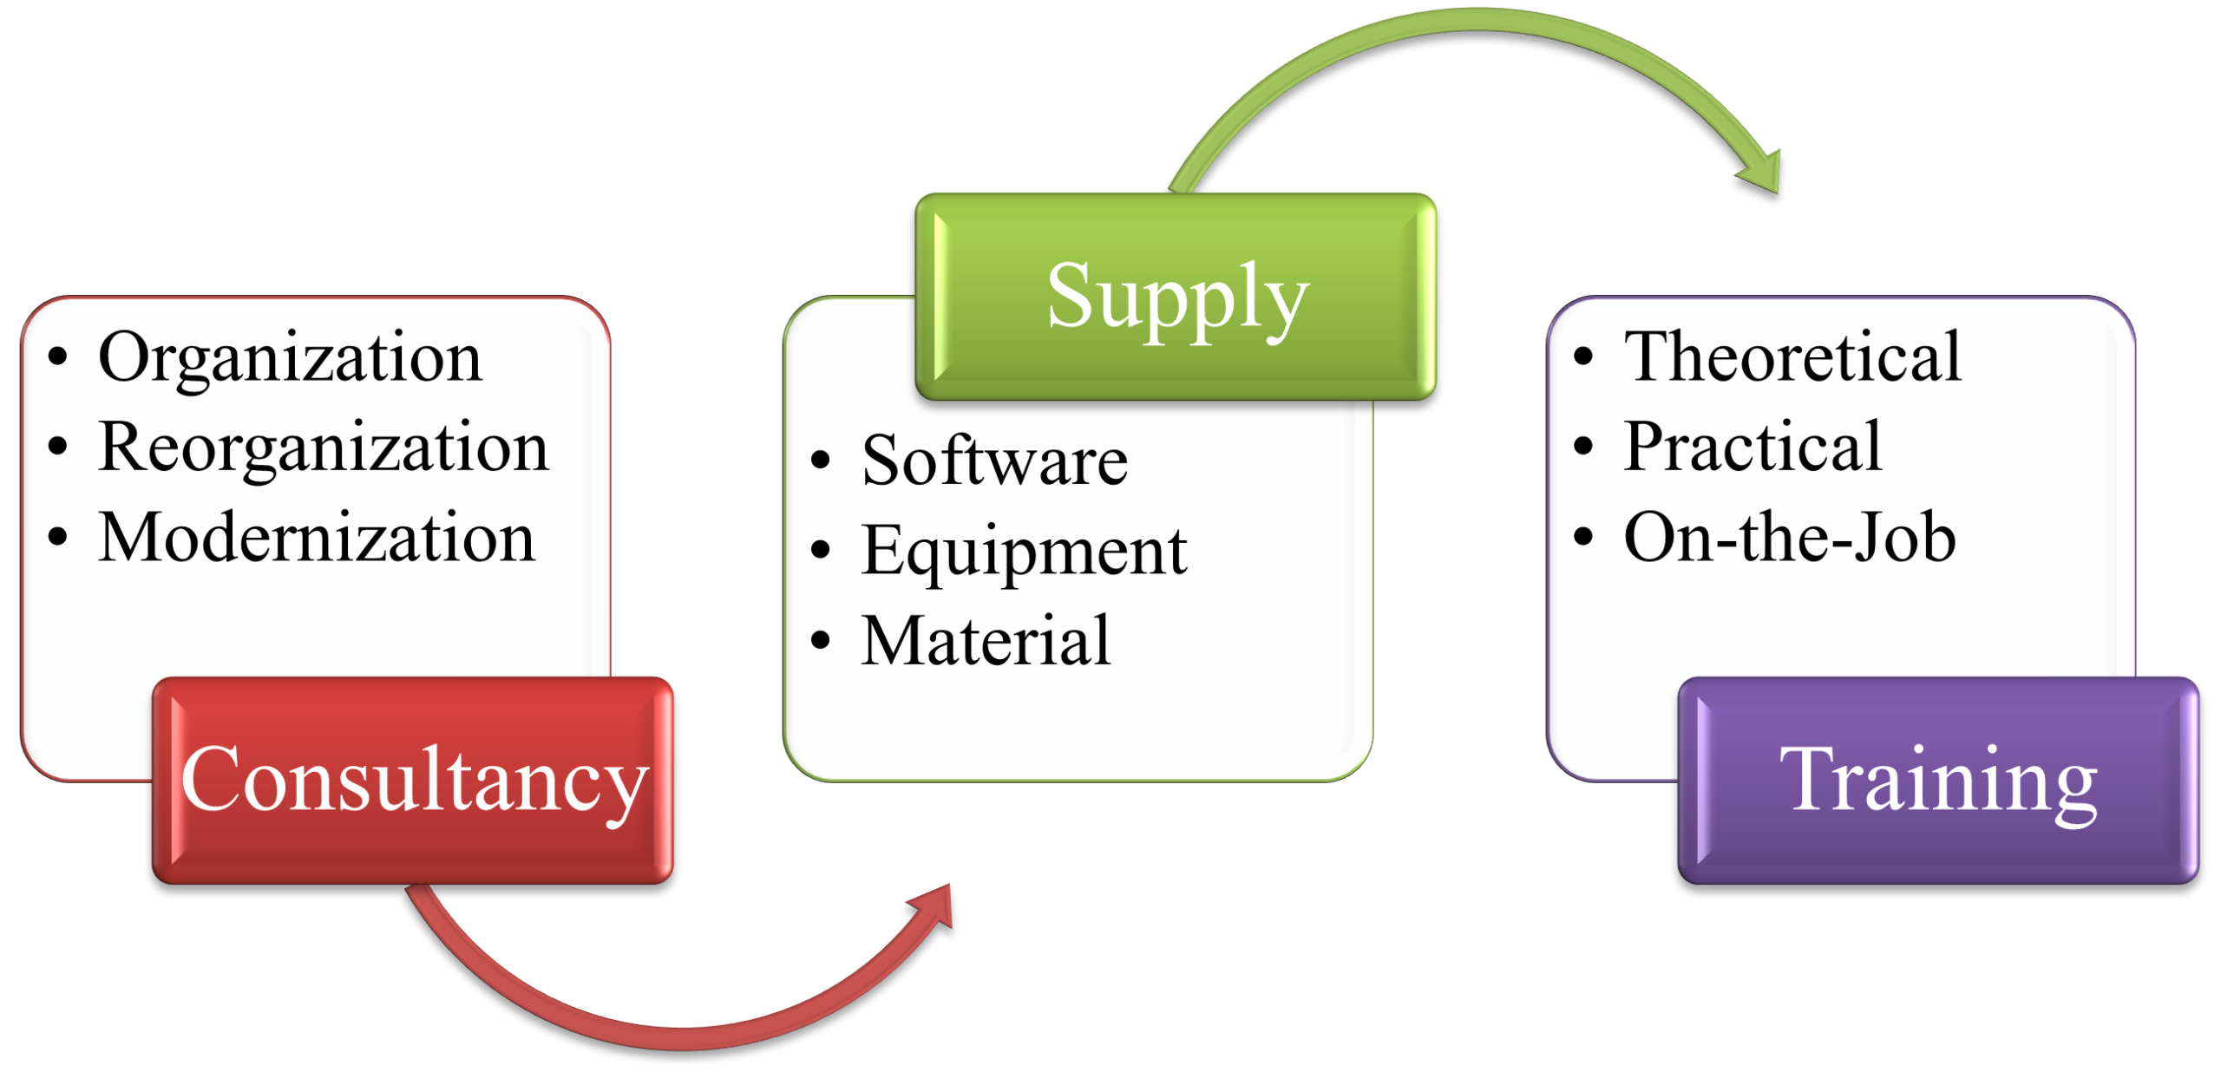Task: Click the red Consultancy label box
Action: click(x=413, y=780)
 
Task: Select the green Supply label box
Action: click(x=1176, y=296)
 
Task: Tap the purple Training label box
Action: click(x=1938, y=780)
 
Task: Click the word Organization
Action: click(x=290, y=357)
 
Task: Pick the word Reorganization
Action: click(x=324, y=448)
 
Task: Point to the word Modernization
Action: click(x=317, y=538)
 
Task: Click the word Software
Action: click(x=995, y=461)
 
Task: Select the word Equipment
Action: click(x=1024, y=552)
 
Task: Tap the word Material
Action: click(x=986, y=642)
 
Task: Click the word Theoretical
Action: click(x=1792, y=357)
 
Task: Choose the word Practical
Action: click(x=1753, y=448)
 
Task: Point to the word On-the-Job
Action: click(x=1789, y=538)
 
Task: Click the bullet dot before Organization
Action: click(x=58, y=356)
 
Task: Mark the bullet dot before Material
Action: click(x=821, y=641)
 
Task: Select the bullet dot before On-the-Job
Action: click(x=1583, y=537)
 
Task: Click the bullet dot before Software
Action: click(x=821, y=461)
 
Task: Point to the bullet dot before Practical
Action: click(x=1583, y=447)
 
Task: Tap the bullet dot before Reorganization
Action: click(x=58, y=447)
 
